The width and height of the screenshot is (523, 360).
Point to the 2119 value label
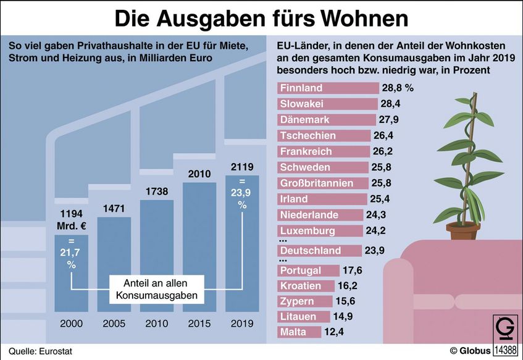[241, 167]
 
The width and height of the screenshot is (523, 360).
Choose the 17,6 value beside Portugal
[356, 270]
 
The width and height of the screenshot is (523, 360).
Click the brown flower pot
[463, 231]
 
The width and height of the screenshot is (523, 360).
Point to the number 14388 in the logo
[506, 350]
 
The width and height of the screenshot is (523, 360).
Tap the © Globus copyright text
[470, 351]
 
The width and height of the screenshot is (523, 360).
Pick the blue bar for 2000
[71, 278]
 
